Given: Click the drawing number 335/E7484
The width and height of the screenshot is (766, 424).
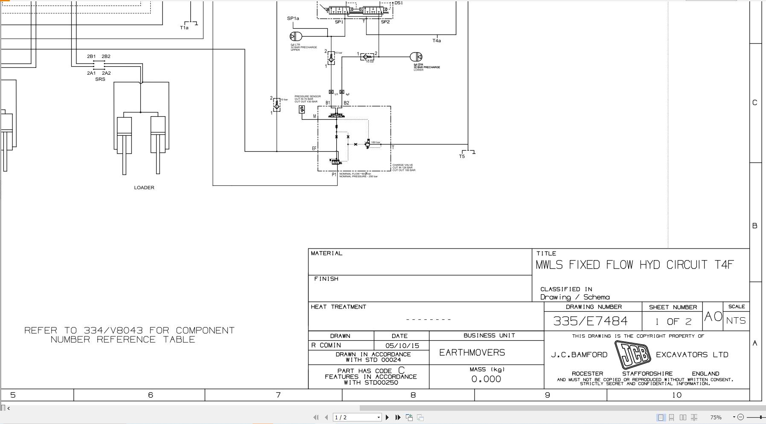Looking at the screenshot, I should [590, 321].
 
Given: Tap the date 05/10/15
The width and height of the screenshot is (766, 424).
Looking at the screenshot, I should [402, 345].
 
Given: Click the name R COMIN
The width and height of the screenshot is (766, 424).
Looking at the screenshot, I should [326, 345].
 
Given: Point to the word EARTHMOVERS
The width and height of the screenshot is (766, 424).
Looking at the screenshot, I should [472, 353].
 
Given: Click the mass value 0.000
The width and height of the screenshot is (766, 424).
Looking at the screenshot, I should [486, 379].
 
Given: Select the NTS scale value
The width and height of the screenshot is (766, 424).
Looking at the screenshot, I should [736, 321].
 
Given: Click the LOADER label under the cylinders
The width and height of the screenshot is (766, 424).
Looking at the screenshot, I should [144, 187].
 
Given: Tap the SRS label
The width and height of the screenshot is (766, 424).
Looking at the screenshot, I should [100, 79].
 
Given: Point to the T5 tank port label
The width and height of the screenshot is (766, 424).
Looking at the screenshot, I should [462, 156].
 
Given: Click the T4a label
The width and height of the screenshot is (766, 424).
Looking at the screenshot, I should [437, 41].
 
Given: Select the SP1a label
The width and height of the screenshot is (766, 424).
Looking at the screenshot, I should [293, 18].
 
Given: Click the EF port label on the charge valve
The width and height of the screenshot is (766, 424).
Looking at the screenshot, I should [314, 149].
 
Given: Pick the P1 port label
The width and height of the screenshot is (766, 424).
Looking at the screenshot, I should [334, 174].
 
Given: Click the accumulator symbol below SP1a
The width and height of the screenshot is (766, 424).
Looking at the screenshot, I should [295, 36].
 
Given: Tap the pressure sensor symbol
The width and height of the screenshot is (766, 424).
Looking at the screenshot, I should [302, 110].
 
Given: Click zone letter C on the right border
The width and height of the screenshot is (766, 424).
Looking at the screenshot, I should [754, 103].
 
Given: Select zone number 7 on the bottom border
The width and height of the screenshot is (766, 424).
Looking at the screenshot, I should [278, 395].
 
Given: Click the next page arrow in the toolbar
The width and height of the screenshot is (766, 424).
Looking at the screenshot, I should [387, 417].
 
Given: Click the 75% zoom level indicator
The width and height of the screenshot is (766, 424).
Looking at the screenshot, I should [716, 417].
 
